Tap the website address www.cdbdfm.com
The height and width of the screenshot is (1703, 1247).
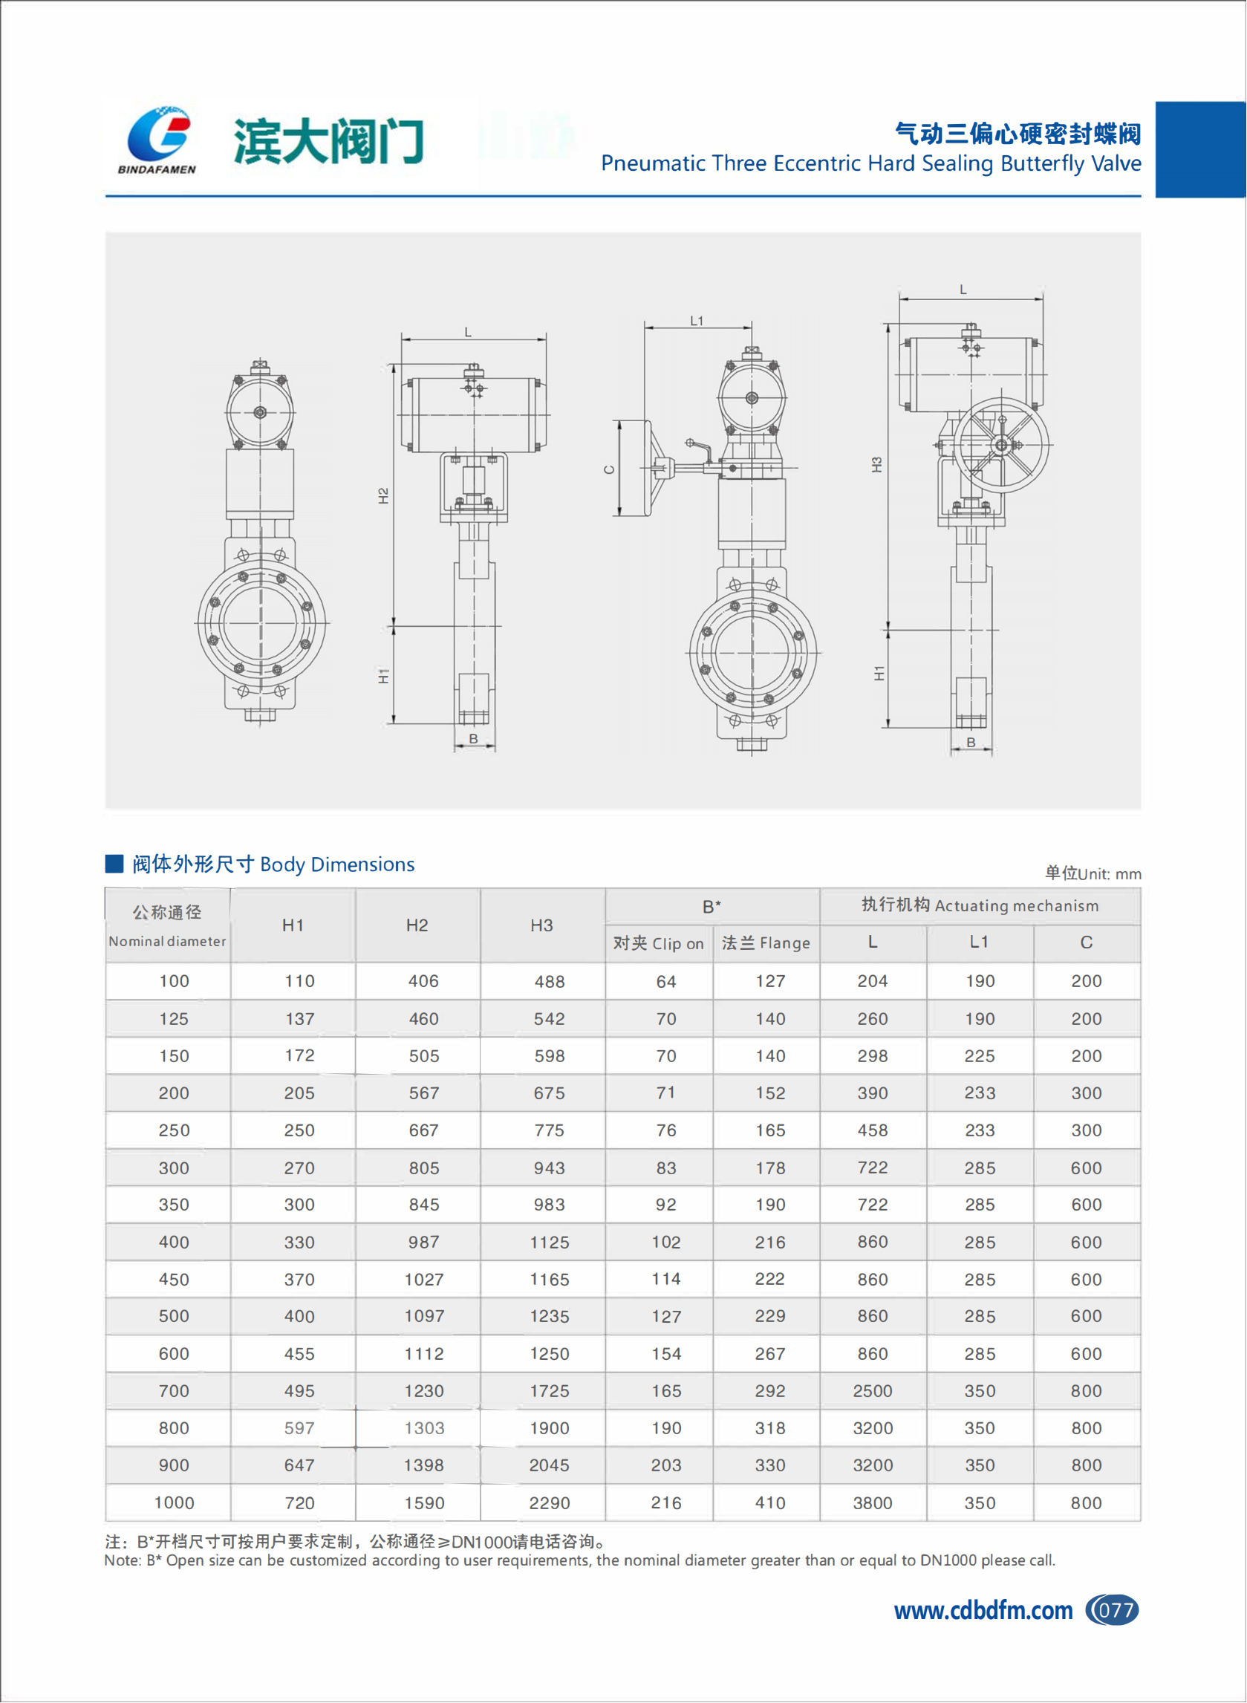(x=983, y=1611)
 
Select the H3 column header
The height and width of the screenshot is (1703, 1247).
(x=542, y=925)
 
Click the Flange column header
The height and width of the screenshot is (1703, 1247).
(x=766, y=942)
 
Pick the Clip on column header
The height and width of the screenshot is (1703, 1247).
(x=658, y=942)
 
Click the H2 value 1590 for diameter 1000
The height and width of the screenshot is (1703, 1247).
(x=424, y=1503)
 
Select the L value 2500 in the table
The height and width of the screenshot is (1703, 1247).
(x=873, y=1390)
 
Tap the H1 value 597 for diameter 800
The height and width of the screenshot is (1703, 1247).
(x=299, y=1428)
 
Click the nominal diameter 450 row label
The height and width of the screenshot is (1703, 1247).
(x=174, y=1280)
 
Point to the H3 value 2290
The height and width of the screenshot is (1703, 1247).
(x=550, y=1503)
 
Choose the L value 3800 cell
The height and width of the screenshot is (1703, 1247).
(x=873, y=1503)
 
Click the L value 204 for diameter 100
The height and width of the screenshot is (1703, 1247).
(x=873, y=980)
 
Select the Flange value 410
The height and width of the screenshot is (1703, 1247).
(x=770, y=1503)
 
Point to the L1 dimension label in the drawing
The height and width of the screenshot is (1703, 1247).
(x=697, y=321)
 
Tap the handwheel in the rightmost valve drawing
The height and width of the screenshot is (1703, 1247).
(x=1001, y=446)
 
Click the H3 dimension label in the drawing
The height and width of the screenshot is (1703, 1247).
(x=876, y=465)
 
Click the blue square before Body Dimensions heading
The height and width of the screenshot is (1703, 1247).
(x=114, y=864)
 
